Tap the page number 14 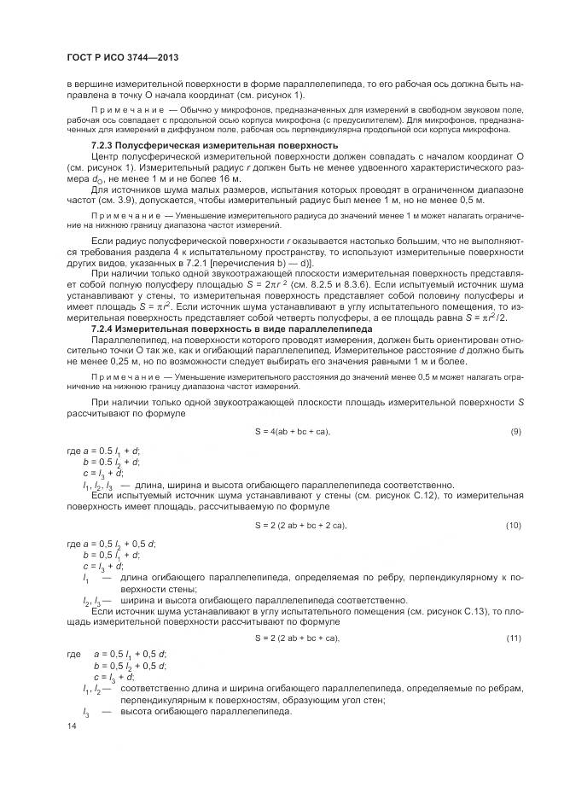pyautogui.click(x=72, y=726)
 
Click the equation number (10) pyautogui.click(x=514, y=524)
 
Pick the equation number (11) pyautogui.click(x=514, y=638)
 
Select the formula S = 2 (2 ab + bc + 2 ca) pyautogui.click(x=300, y=524)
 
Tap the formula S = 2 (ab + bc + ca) pyautogui.click(x=296, y=638)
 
